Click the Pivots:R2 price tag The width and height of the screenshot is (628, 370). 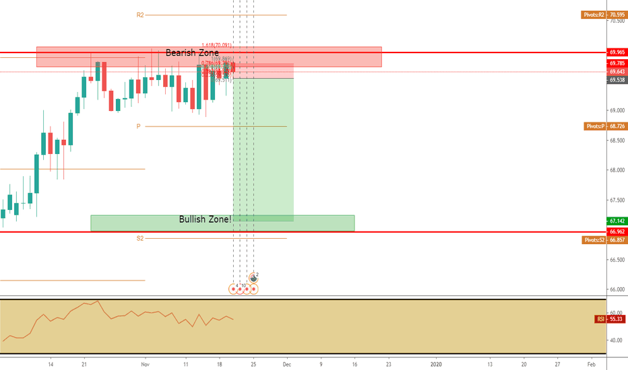pos(603,14)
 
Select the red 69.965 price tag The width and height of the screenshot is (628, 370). pos(617,52)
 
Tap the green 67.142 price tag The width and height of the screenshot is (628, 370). pos(617,221)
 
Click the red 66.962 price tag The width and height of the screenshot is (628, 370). pos(617,231)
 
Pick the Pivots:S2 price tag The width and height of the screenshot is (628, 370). pos(603,239)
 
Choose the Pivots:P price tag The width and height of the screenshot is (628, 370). pos(604,126)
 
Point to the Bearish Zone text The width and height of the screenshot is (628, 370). pos(193,52)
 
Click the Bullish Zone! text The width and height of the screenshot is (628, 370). pos(205,219)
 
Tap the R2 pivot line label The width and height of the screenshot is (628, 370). pos(140,14)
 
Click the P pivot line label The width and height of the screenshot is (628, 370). pos(138,126)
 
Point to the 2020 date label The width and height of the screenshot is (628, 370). pos(435,363)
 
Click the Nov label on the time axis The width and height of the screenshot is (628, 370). pos(144,363)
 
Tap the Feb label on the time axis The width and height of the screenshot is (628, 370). pos(591,363)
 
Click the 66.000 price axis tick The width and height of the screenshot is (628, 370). pos(616,290)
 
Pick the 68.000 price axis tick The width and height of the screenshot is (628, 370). pos(616,170)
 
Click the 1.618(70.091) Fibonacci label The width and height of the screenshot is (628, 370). pos(216,46)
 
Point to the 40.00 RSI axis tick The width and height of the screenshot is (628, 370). pos(615,340)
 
